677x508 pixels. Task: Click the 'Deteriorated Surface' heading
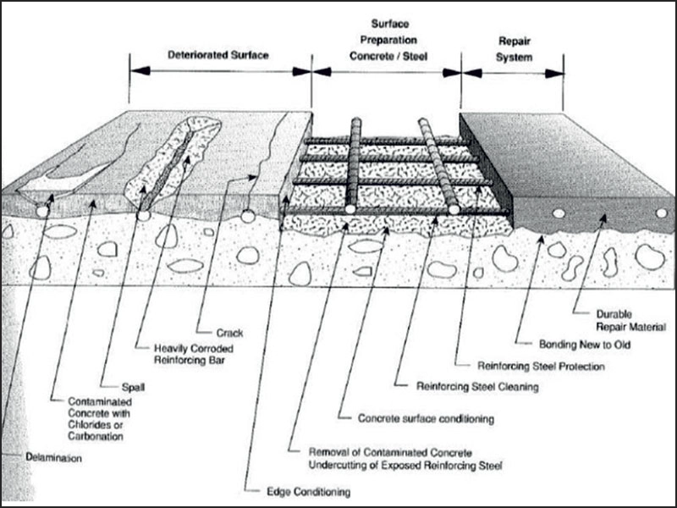coord(219,56)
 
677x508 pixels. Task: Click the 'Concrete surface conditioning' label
coord(427,417)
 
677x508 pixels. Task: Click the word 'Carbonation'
coord(95,437)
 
